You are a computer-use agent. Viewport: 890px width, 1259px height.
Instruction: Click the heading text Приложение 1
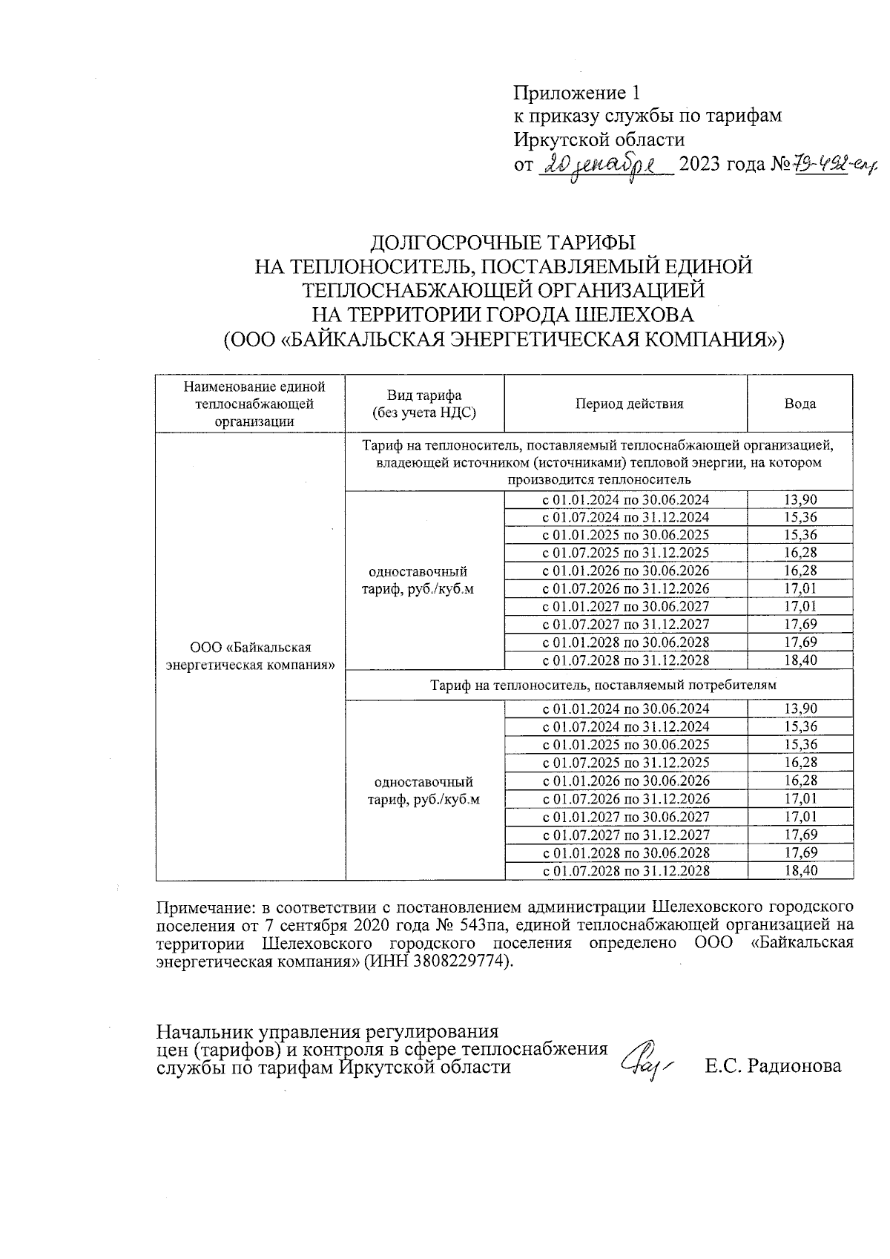coord(576,93)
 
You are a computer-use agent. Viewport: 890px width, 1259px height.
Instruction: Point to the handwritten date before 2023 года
coord(604,165)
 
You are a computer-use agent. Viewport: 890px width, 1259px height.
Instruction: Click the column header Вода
coord(800,404)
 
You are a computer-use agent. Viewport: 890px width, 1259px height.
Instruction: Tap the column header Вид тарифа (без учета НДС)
coord(425,404)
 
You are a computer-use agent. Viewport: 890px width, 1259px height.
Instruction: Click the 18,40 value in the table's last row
coord(800,871)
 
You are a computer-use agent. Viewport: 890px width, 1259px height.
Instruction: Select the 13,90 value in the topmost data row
coord(800,500)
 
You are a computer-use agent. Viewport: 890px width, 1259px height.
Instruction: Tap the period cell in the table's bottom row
coord(626,871)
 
